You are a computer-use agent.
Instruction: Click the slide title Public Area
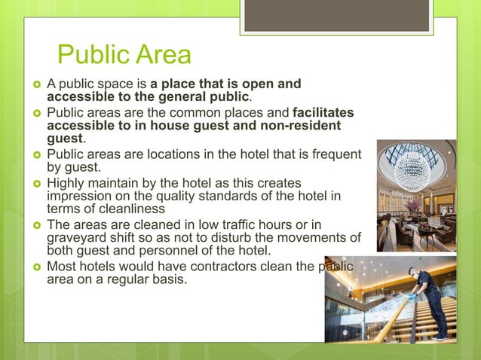[x=124, y=55]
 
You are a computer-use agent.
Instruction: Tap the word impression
[x=83, y=197]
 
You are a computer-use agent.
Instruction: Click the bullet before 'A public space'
[x=35, y=84]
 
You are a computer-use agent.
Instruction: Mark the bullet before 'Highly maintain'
[x=35, y=184]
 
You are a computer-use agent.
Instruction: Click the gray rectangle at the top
[x=337, y=15]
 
